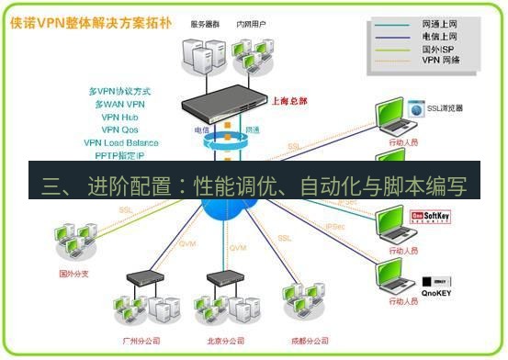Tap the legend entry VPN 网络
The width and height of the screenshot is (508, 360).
(441, 60)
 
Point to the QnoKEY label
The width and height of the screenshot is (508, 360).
(438, 294)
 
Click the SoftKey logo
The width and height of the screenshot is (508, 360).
(438, 217)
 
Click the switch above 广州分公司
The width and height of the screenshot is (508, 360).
(141, 276)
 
